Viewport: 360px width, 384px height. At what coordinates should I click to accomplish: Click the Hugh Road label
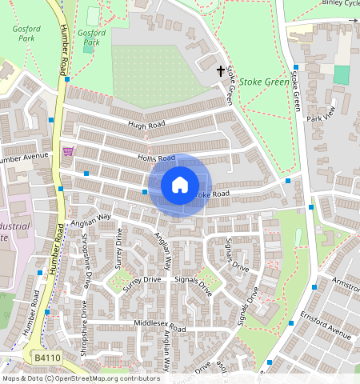pyautogui.click(x=146, y=126)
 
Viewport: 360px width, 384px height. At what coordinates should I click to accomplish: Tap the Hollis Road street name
pyautogui.click(x=155, y=158)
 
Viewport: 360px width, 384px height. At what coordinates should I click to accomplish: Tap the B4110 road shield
pyautogui.click(x=47, y=355)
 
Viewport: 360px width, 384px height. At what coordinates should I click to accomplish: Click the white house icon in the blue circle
pyautogui.click(x=180, y=185)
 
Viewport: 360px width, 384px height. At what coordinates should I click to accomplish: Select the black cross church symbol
pyautogui.click(x=221, y=72)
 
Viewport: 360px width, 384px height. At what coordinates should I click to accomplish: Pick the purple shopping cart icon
pyautogui.click(x=67, y=150)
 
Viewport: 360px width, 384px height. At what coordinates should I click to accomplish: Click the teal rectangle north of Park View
pyautogui.click(x=342, y=74)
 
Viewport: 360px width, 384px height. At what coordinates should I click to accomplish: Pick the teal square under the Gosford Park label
pyautogui.click(x=88, y=49)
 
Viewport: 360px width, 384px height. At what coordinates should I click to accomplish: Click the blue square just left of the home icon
pyautogui.click(x=145, y=192)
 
